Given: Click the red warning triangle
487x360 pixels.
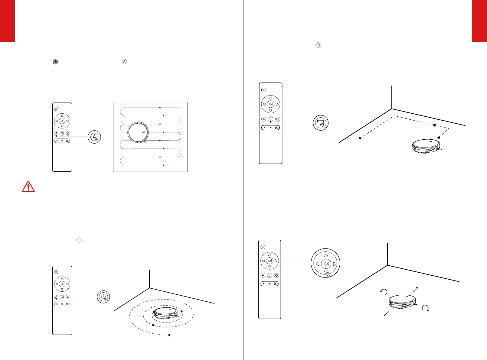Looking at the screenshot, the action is pos(28,187).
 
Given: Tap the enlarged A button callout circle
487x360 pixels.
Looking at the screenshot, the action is pos(94,137).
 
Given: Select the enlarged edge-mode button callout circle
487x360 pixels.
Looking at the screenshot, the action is pos(320,123).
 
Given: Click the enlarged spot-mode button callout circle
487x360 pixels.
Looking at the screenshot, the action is pos(103,297).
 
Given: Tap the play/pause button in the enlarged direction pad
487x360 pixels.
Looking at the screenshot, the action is pos(326,264).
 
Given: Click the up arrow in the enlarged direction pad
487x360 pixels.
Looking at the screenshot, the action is pos(326,255).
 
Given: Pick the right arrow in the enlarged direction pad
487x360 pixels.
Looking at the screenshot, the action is pos(335,264).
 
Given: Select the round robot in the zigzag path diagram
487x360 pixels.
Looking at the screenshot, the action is pos(138,132).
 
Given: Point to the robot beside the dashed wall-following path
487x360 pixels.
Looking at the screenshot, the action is pos(427,146).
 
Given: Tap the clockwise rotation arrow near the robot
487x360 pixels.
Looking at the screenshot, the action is pos(426,308).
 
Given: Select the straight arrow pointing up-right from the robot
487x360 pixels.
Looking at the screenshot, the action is pos(416,289).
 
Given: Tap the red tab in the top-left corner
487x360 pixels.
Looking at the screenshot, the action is pos(7,21).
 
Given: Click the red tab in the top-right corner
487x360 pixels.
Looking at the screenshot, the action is pos(479,21).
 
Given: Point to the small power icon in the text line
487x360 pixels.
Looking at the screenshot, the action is pos(55,62).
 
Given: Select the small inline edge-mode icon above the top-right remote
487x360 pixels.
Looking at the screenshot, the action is pos(318,45).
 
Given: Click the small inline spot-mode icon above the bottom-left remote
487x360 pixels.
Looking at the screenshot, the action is pos(79,240).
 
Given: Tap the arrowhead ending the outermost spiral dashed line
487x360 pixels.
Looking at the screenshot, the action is pos(170,335).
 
